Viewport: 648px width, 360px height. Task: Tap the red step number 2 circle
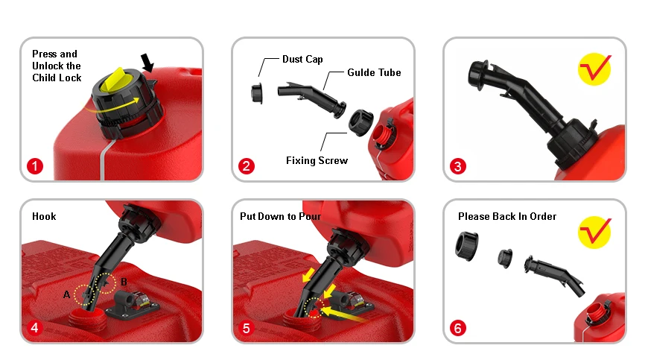[246, 167]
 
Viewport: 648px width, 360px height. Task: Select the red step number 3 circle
[457, 167]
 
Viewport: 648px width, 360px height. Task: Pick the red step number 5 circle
[246, 328]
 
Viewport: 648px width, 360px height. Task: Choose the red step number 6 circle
[457, 328]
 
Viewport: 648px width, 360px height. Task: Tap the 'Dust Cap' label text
[302, 59]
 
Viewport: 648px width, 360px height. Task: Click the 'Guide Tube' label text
[374, 72]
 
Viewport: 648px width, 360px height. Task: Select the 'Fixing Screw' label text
[317, 160]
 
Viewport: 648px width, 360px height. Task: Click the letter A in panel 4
[66, 294]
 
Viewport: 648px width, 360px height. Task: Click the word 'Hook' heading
[44, 217]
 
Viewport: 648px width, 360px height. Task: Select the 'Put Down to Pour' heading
[280, 217]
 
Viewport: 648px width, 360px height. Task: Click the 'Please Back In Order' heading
[507, 217]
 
